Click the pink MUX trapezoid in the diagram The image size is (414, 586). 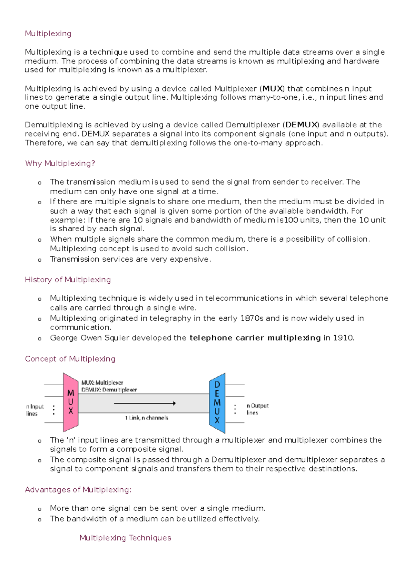tap(70, 402)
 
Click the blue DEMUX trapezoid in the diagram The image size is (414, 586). tap(217, 403)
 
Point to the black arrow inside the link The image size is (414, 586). tap(145, 403)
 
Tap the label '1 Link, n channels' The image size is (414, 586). tap(147, 418)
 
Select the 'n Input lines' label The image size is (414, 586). tap(35, 410)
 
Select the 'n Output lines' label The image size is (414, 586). tap(257, 409)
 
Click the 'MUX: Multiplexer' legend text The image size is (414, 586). tap(102, 383)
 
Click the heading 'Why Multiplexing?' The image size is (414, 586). tap(60, 163)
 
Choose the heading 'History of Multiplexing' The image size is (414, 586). tap(68, 280)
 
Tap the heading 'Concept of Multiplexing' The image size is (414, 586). tap(70, 359)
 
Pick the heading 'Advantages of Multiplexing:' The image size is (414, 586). tap(78, 490)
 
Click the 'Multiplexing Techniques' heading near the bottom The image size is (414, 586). tap(125, 538)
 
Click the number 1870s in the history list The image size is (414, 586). tap(252, 318)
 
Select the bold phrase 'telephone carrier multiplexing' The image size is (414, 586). tap(255, 338)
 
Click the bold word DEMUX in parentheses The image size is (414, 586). tap(301, 125)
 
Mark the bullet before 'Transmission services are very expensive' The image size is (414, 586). tap(40, 260)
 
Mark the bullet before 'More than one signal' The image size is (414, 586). tap(40, 509)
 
